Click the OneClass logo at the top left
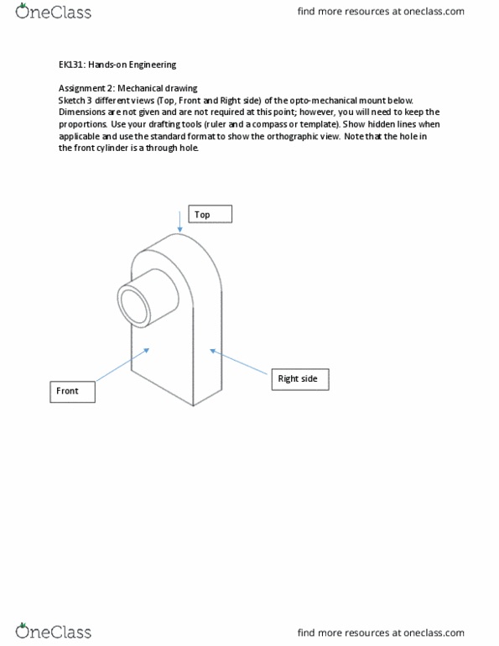[53, 12]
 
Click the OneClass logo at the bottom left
[53, 631]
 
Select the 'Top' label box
[210, 214]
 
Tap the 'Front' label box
[72, 392]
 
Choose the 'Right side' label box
[299, 379]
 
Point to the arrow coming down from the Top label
[179, 220]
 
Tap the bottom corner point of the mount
[193, 406]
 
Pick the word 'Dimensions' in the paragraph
[83, 112]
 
